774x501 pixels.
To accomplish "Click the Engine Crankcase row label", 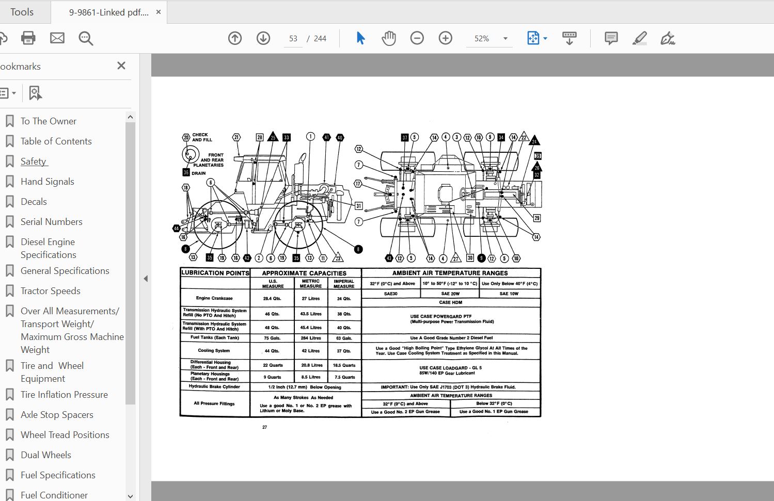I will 214,298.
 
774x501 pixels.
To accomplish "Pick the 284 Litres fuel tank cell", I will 311,338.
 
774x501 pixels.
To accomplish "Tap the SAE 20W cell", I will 450,294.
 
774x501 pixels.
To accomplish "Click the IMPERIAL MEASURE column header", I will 344,284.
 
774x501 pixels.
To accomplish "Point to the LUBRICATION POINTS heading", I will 215,273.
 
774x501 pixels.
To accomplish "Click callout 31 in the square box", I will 358,205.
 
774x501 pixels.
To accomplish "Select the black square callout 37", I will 405,138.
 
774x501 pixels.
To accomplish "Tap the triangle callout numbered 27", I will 455,258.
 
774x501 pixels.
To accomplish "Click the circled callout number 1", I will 310,136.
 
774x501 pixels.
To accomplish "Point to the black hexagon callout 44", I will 177,228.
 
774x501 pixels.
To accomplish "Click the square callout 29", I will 537,218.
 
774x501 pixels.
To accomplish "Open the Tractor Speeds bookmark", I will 50,291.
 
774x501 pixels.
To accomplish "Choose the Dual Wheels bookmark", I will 45,455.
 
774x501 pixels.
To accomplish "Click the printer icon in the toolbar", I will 28,38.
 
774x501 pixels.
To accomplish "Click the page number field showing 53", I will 293,39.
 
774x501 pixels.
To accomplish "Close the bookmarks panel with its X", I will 121,66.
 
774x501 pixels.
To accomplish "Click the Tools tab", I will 22,12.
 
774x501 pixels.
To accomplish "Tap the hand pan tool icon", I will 388,38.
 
